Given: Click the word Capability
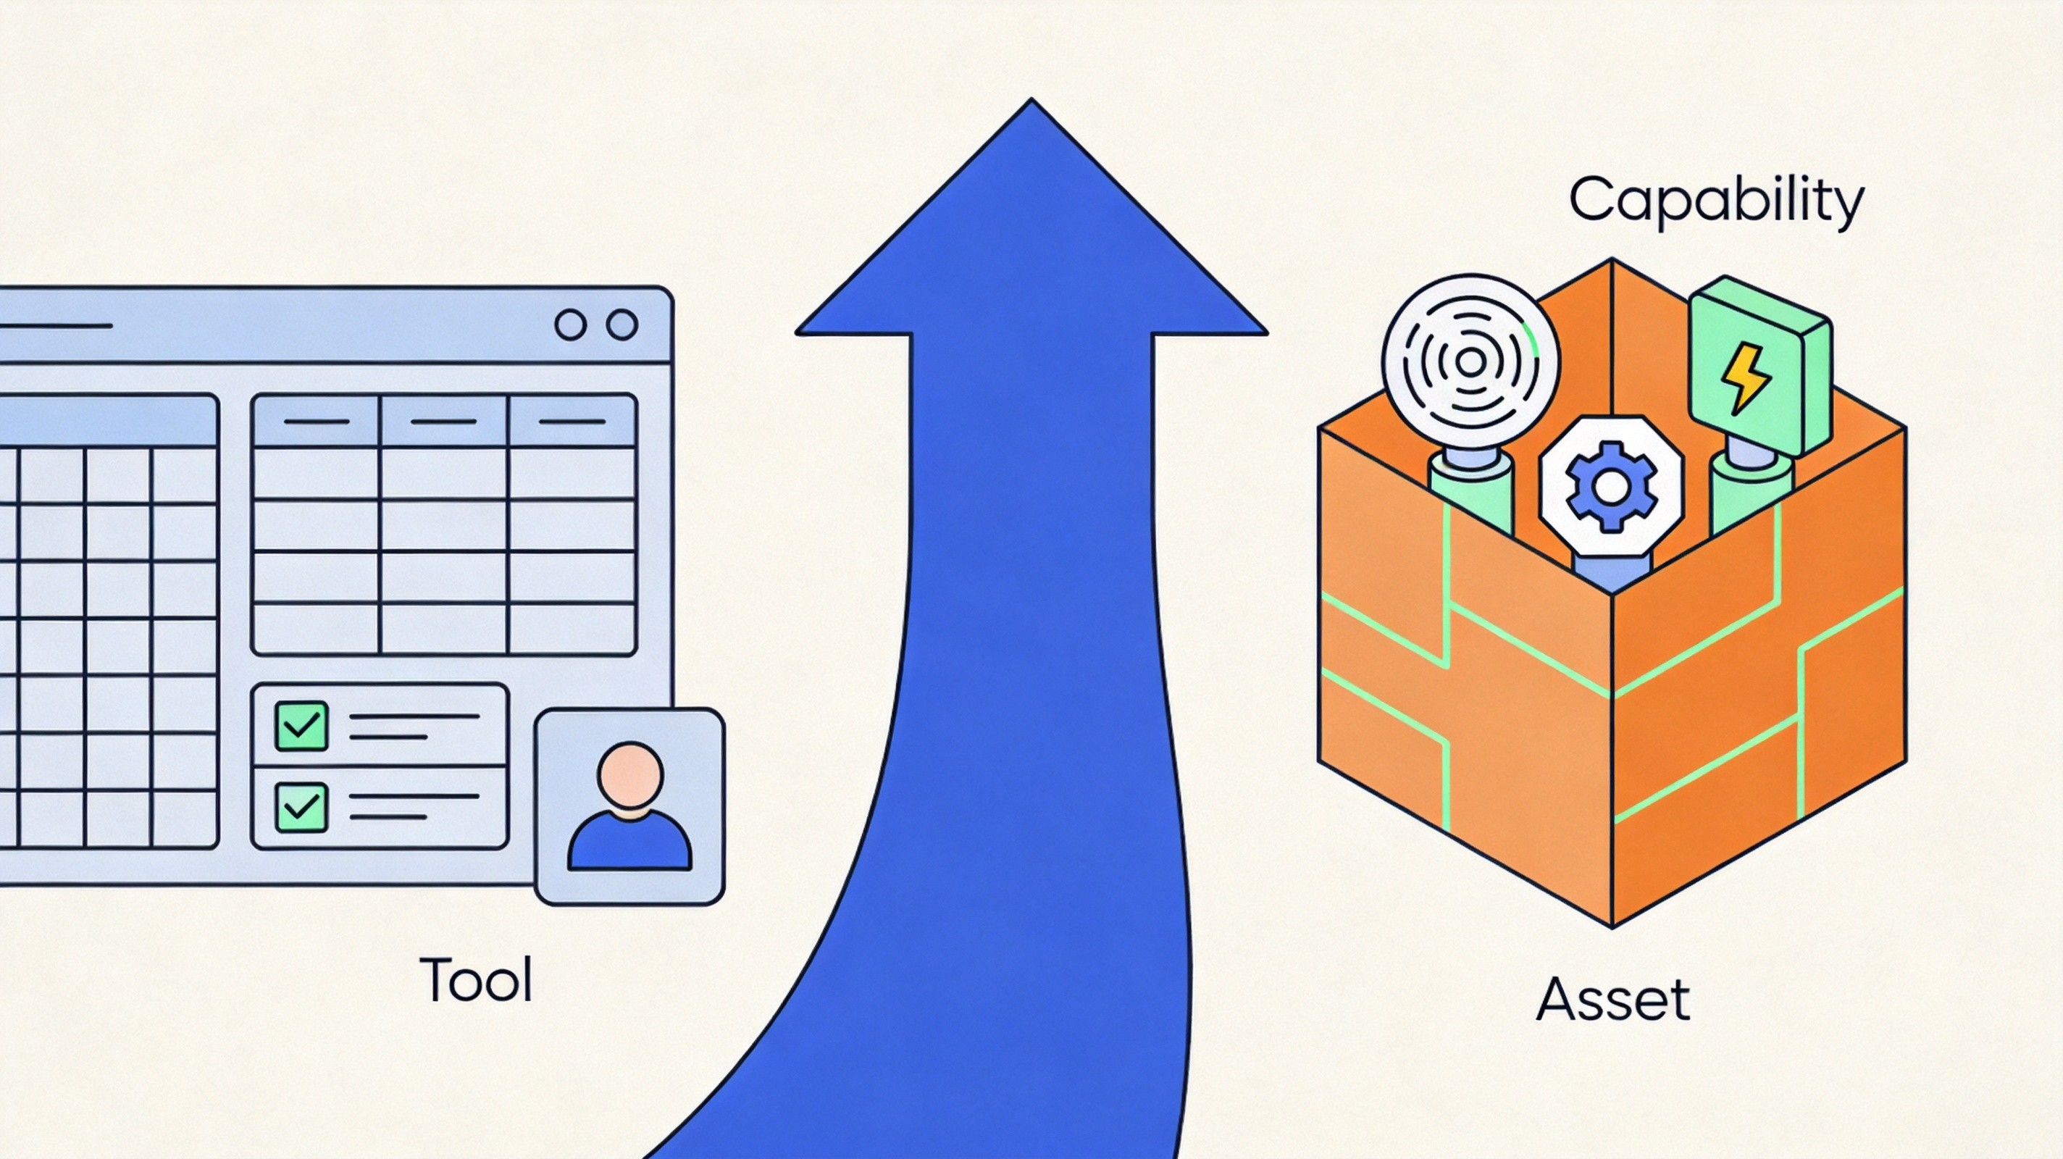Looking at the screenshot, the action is (x=1715, y=202).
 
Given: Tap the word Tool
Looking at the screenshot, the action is (x=476, y=979).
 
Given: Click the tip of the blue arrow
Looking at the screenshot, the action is (x=1031, y=99).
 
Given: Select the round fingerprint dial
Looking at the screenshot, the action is (x=1470, y=362).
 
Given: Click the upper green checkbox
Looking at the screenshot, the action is (x=301, y=726).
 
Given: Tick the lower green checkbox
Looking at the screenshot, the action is (x=301, y=806).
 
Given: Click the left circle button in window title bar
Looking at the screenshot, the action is (x=570, y=325).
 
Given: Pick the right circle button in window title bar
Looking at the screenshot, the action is (x=622, y=325).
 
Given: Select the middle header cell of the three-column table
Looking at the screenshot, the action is (x=443, y=422).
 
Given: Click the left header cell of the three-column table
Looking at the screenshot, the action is (x=316, y=422).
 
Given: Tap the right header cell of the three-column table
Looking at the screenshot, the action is (x=572, y=422).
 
